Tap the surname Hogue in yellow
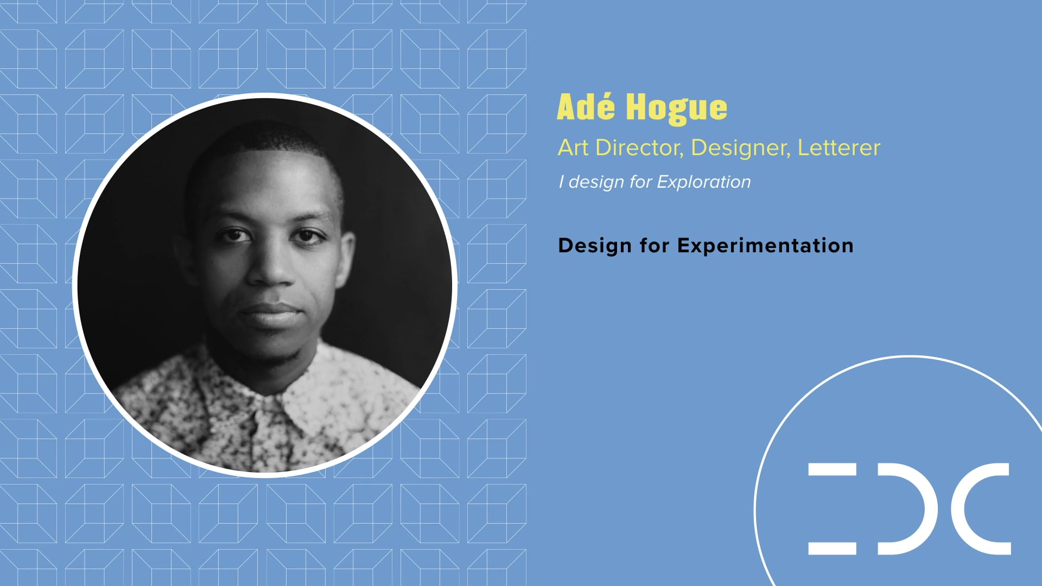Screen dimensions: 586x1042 click(676, 108)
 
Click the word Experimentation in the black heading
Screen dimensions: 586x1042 click(765, 246)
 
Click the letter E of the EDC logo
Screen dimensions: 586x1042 click(832, 508)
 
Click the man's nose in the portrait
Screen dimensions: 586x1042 click(270, 269)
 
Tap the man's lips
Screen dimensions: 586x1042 click(270, 314)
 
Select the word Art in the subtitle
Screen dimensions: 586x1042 click(573, 148)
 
